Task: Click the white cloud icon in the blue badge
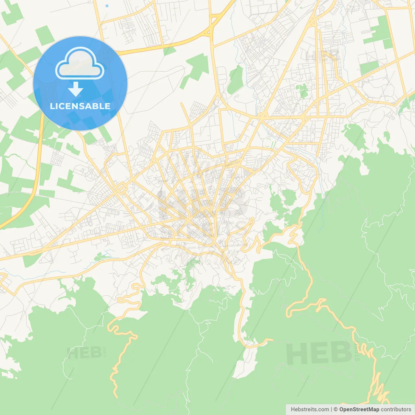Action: point(80,63)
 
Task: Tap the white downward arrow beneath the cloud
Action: point(76,89)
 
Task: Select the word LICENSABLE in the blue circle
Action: point(80,106)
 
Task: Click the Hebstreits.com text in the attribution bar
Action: point(310,409)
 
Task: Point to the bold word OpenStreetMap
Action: point(359,409)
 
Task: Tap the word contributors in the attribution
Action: point(396,409)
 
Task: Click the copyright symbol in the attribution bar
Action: point(336,409)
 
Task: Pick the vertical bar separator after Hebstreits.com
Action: point(331,409)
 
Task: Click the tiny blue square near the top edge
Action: point(107,6)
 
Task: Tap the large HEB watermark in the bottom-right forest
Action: point(319,353)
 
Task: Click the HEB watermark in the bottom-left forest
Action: point(84,352)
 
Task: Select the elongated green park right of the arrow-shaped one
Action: point(236,79)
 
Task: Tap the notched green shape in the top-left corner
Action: point(12,14)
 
